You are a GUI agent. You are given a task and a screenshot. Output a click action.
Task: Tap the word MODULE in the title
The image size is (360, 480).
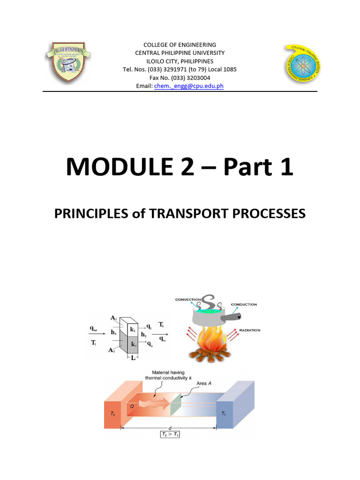click(124, 167)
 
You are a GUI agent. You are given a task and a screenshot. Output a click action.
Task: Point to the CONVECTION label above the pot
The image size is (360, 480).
click(187, 299)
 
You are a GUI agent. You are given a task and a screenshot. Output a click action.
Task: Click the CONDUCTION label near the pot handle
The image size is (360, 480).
click(244, 304)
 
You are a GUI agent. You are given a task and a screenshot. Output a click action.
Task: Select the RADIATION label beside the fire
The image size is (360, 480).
click(249, 330)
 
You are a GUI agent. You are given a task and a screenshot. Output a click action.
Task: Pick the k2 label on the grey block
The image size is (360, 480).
click(134, 345)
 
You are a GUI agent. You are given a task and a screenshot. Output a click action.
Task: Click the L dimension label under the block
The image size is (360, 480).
click(134, 358)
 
